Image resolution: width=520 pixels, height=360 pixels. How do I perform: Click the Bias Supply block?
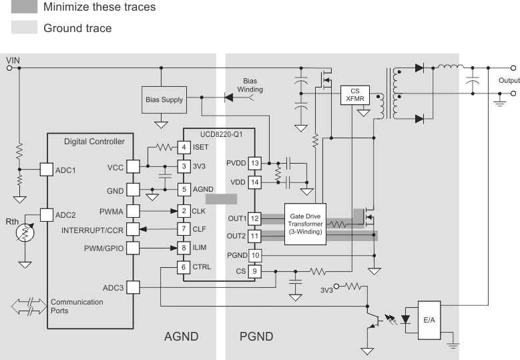point(164,100)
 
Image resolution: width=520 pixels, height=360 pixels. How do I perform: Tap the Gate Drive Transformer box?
point(305,224)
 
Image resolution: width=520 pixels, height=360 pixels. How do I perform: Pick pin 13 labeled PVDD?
point(254,163)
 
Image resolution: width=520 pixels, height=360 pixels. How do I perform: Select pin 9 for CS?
point(254,272)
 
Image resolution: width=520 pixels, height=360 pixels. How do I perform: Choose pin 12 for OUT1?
point(254,218)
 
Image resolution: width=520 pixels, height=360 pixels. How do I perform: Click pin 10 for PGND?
point(254,254)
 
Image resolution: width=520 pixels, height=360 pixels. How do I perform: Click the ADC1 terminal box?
point(47,170)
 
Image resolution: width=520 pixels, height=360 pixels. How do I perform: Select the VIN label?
point(13,60)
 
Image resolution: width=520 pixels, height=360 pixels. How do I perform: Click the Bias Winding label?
point(251,85)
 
